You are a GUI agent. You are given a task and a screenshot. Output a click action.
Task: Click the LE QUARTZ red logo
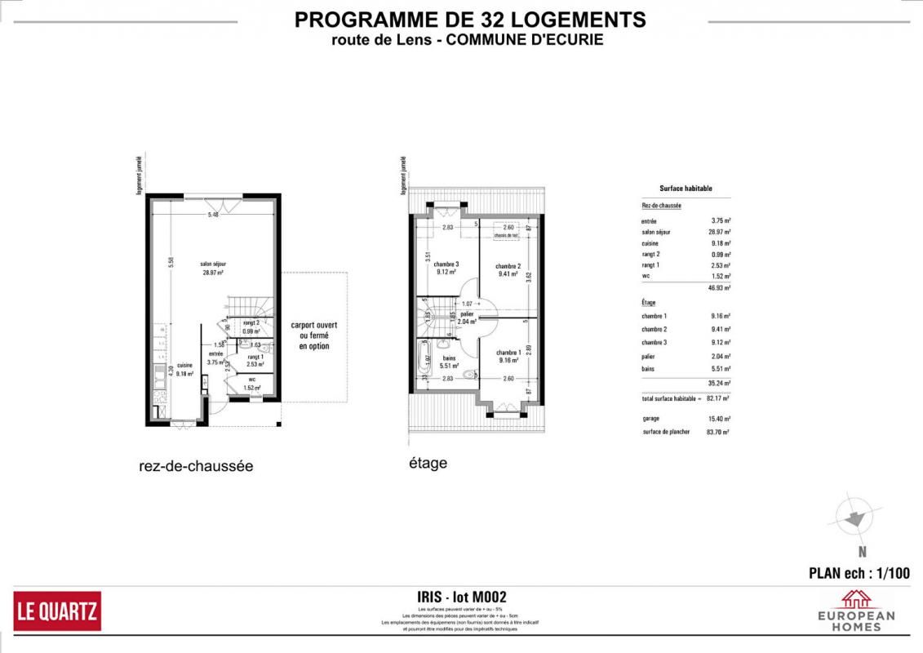coord(57,611)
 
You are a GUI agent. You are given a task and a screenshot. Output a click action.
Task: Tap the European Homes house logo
coord(856,599)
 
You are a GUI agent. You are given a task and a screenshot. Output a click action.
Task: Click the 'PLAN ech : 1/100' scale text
coord(859,573)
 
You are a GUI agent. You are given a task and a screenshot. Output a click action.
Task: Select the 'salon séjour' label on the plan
coord(214,264)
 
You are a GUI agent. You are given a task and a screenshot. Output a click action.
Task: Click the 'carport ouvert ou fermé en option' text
coord(314,335)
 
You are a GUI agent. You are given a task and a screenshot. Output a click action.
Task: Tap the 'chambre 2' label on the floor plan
coord(508,266)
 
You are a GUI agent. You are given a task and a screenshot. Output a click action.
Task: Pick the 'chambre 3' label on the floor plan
coord(446,264)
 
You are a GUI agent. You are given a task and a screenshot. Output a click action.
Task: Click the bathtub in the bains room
coord(424,360)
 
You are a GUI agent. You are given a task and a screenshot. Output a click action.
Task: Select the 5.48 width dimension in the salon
coord(213,215)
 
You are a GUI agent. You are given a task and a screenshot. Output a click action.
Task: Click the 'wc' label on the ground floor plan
coord(251,380)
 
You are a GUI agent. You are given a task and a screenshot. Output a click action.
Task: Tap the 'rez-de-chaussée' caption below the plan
coord(196,467)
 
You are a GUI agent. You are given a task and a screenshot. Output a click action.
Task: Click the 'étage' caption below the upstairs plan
coord(428,464)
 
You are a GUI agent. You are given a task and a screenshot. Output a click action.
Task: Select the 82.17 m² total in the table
coord(718,398)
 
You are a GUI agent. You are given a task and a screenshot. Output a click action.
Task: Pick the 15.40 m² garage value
coord(718,418)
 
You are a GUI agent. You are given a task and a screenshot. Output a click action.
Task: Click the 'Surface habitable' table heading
coord(686,189)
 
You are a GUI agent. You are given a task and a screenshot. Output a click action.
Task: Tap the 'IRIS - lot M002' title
coord(461,597)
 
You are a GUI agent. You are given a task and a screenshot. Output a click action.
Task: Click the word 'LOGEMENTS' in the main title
coord(575,20)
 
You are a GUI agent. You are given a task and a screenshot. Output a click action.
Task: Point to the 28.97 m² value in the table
coord(718,232)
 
